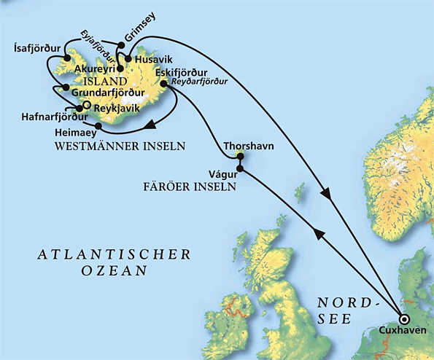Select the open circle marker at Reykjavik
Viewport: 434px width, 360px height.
(85, 106)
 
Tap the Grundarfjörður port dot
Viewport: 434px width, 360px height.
(66, 87)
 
